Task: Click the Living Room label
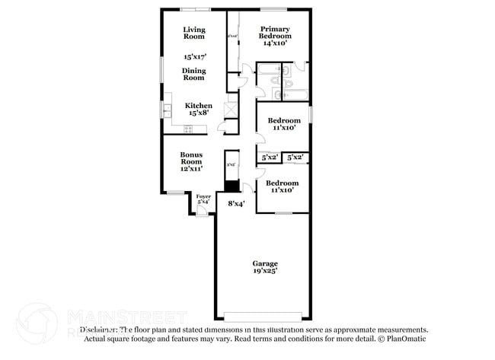[x=194, y=33]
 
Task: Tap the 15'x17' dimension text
[x=194, y=56]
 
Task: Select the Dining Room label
[x=193, y=74]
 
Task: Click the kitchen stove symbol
[x=167, y=129]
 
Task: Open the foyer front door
[x=202, y=212]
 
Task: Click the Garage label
[x=265, y=263]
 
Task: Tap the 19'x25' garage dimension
[x=265, y=270]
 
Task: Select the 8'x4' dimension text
[x=236, y=203]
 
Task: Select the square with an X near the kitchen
[x=229, y=109]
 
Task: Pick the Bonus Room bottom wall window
[x=176, y=193]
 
